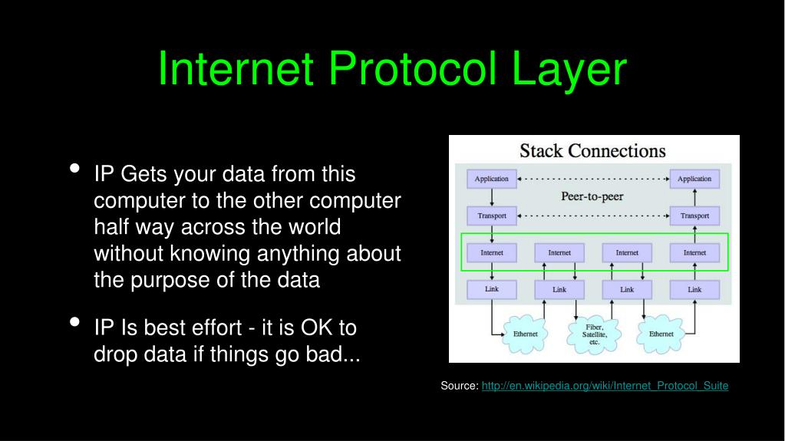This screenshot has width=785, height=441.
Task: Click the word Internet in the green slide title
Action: [236, 69]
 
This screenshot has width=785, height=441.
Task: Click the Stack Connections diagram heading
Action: [592, 150]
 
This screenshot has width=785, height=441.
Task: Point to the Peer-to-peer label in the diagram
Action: [592, 196]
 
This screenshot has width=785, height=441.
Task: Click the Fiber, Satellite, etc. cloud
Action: [594, 334]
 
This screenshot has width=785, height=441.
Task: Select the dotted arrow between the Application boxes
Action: [593, 179]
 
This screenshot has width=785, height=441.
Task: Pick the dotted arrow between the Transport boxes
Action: [593, 216]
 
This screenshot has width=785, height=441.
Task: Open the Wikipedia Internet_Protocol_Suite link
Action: [605, 386]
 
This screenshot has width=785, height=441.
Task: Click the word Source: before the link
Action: [460, 386]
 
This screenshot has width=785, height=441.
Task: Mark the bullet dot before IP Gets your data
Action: [75, 169]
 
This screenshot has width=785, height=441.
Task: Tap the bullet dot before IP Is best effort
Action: [75, 322]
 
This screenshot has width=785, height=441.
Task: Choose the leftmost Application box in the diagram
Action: [491, 179]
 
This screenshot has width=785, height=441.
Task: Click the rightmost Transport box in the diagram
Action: [694, 216]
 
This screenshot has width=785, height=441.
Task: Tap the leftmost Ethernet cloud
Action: [526, 334]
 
